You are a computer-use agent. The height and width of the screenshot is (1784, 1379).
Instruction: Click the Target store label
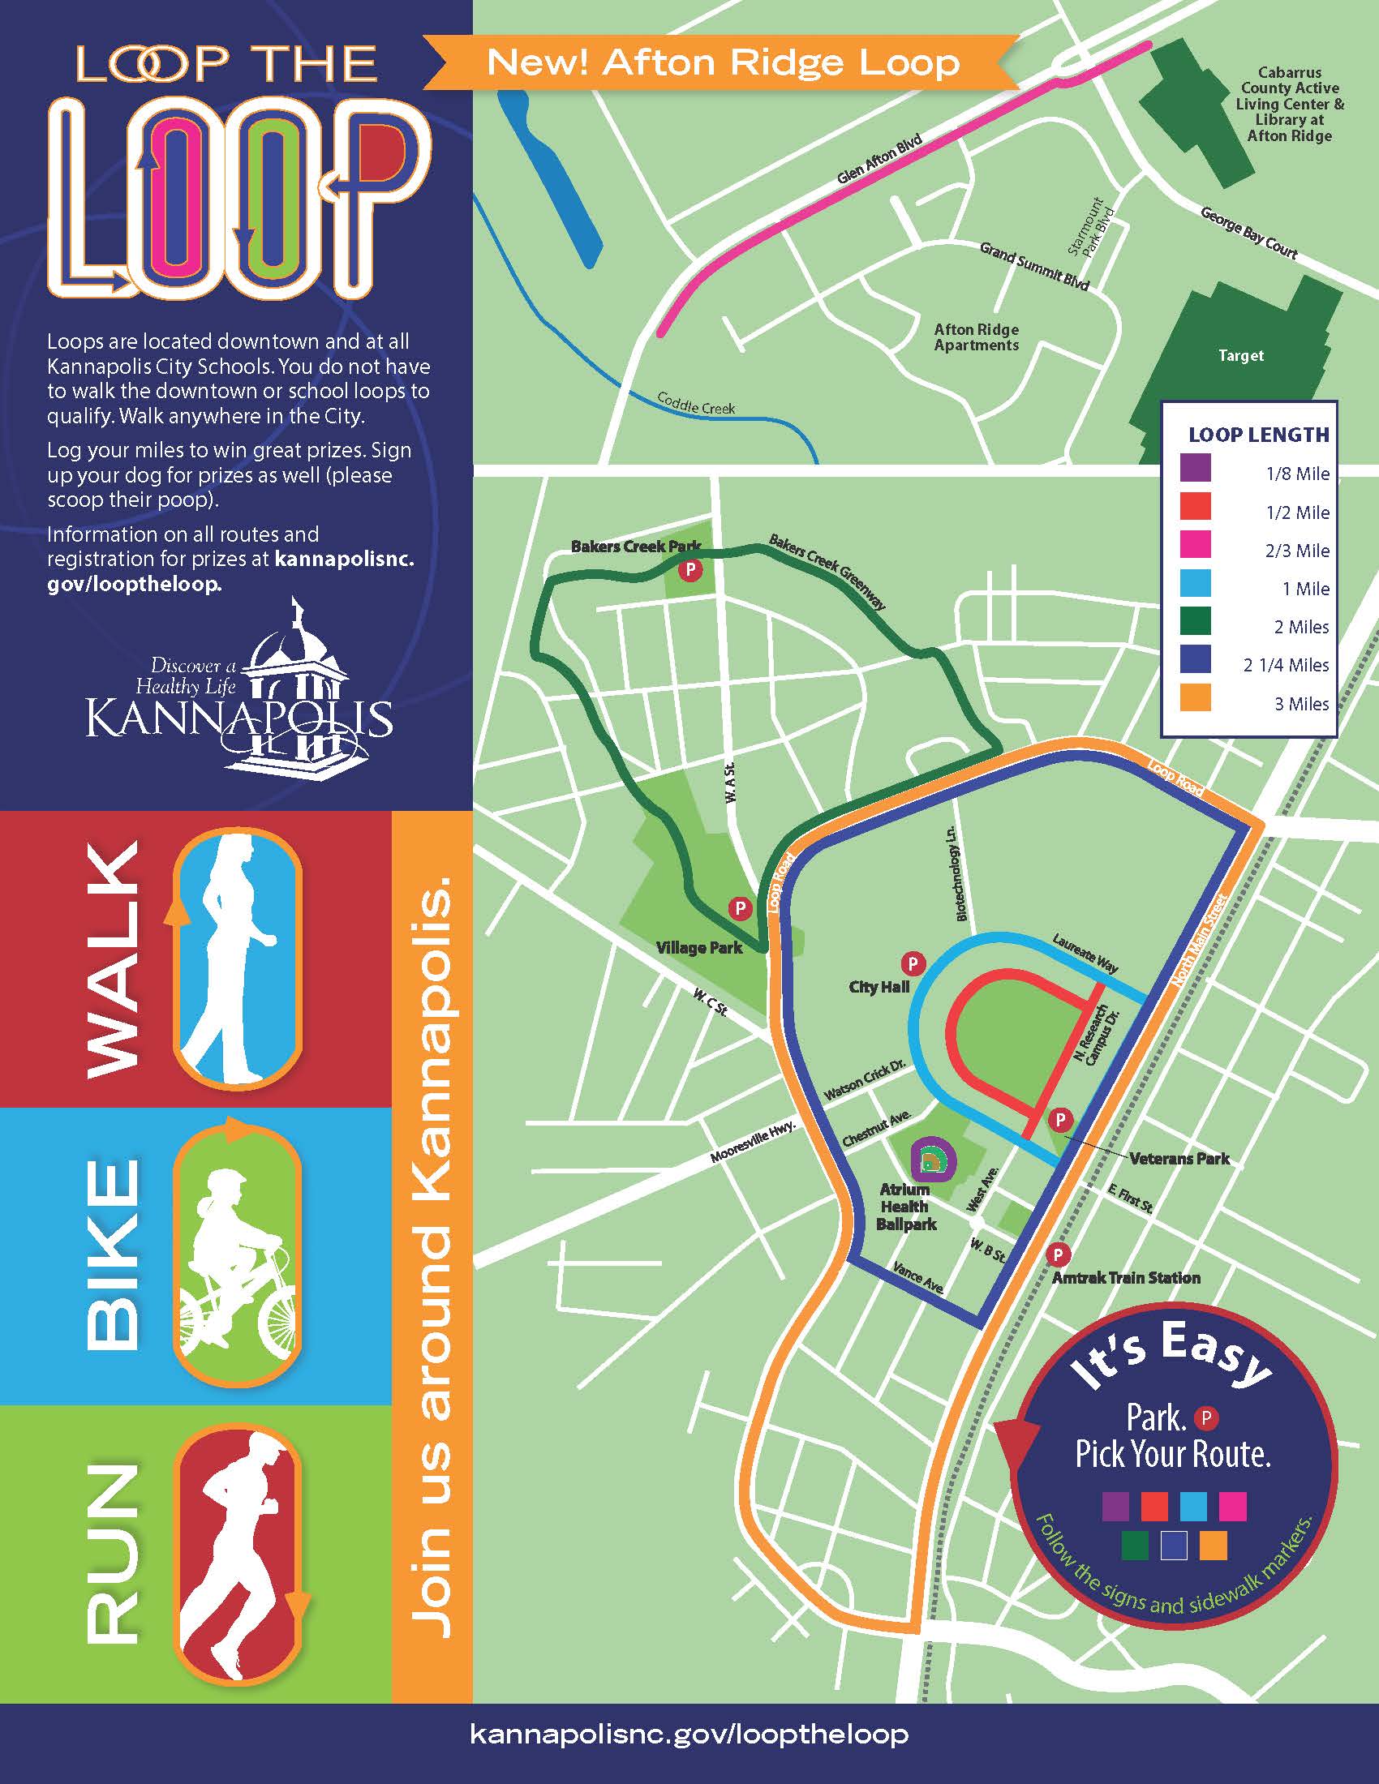1240,355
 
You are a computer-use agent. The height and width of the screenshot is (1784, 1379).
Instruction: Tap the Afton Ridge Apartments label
976,337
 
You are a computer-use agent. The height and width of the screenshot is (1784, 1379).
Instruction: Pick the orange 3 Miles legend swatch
1195,698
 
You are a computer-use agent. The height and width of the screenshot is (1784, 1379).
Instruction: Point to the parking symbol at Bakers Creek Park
691,569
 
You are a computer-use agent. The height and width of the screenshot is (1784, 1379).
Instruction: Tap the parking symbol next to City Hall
912,964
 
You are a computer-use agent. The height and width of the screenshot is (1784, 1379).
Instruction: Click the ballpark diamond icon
931,1158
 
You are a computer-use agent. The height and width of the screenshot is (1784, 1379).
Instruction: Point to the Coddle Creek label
696,404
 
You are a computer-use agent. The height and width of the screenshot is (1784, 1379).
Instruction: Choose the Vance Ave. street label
919,1276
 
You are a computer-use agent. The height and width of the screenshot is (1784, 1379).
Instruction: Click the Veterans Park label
1179,1158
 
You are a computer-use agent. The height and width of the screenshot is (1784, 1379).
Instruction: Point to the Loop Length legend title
1258,435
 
